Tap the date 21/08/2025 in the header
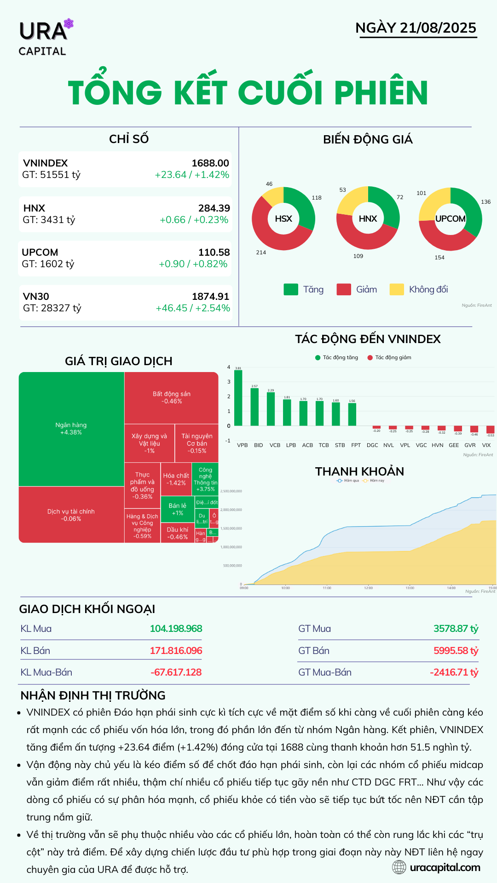click(x=438, y=28)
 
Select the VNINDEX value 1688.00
click(x=210, y=163)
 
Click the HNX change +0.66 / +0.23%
click(x=194, y=220)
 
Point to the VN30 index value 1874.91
click(x=210, y=297)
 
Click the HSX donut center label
click(x=283, y=219)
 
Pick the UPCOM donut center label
click(x=450, y=219)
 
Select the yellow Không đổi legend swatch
click(x=396, y=289)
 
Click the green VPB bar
click(x=238, y=398)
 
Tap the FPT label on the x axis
click(x=356, y=445)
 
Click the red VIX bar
click(x=490, y=430)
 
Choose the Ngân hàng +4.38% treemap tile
click(x=71, y=429)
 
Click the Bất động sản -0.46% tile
click(x=171, y=398)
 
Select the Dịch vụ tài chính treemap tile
click(x=71, y=515)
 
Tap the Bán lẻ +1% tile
click(x=178, y=509)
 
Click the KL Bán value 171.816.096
click(x=176, y=651)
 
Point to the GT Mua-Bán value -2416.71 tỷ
click(x=454, y=672)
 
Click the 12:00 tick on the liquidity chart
click(x=368, y=588)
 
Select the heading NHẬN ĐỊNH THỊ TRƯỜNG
click(x=93, y=695)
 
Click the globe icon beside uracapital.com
click(x=399, y=867)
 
